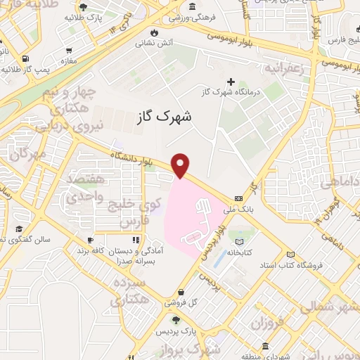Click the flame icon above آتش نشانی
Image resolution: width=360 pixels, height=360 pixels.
[154, 32]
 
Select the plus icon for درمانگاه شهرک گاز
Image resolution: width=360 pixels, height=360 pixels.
[231, 82]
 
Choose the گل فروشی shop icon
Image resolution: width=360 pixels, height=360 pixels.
[181, 292]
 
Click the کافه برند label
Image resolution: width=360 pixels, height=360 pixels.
[112, 250]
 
